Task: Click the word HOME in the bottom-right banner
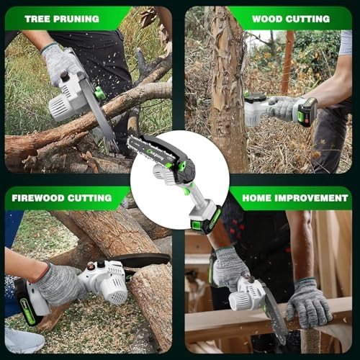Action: [x=260, y=197]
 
